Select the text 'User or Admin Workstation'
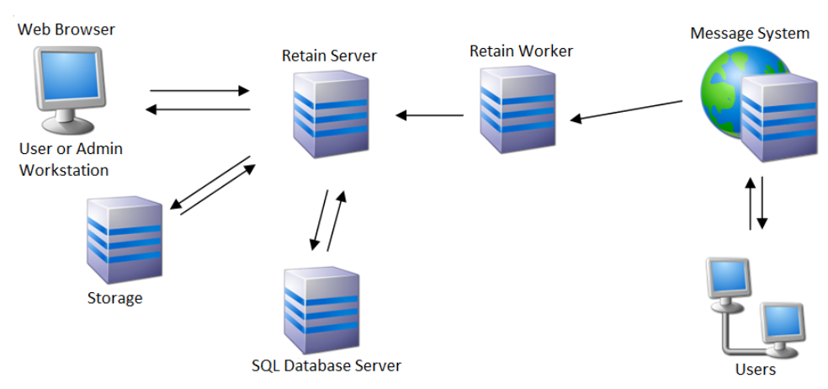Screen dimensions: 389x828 (x=71, y=159)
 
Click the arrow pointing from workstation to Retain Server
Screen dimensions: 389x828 (x=199, y=90)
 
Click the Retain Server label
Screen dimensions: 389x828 (x=329, y=56)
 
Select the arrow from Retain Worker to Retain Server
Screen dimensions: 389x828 (x=430, y=115)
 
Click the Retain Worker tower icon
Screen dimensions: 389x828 (x=517, y=109)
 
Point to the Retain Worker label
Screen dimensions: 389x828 (x=521, y=51)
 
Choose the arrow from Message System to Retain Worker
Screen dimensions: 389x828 (x=626, y=111)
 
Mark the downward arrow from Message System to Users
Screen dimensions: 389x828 (x=762, y=202)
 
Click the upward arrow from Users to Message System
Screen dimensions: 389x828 (x=748, y=202)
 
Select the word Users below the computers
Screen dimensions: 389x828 (x=755, y=369)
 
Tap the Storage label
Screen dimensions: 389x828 (x=114, y=298)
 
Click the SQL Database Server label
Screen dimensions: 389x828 (x=326, y=365)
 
